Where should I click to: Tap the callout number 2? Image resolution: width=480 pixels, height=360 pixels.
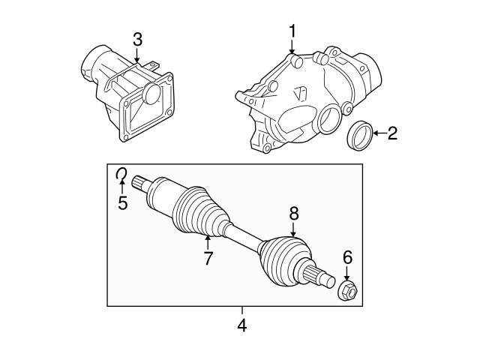[392, 135]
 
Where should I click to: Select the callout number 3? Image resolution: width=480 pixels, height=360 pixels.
[136, 39]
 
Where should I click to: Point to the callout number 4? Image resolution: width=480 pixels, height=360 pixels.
[241, 325]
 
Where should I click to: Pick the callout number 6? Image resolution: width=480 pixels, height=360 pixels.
[347, 257]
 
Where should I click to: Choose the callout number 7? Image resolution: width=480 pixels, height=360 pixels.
[208, 259]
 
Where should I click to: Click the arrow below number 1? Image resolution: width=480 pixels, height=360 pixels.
[293, 46]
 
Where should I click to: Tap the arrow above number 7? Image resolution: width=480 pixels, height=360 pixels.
[208, 241]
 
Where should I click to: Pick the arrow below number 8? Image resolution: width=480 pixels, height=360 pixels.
[294, 230]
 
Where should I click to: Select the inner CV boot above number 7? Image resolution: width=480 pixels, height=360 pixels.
[199, 214]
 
